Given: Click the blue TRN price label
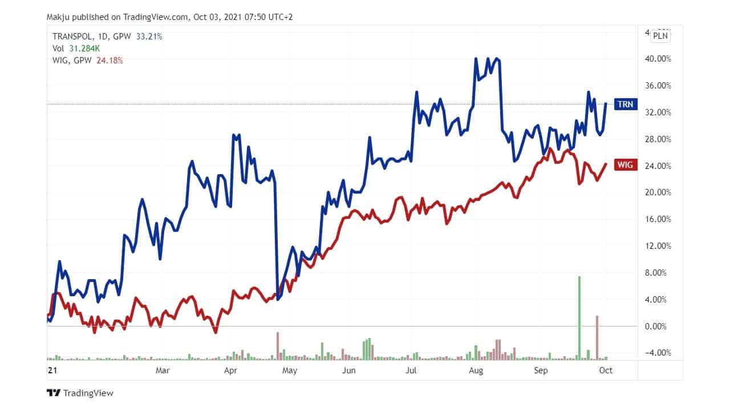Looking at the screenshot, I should point(624,104).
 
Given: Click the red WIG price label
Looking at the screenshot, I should point(624,165).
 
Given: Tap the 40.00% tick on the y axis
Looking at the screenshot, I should point(658,59).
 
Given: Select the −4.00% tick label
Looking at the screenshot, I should point(658,353).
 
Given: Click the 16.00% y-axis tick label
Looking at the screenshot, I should point(658,219).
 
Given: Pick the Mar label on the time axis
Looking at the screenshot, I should point(163,370).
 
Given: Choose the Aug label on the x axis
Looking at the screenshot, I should point(476,370).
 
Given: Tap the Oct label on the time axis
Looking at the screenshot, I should point(606,370).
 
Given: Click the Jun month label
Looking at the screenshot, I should point(349,370).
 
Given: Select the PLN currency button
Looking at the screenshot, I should point(660,35).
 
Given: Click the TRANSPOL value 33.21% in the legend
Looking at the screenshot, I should point(149,37).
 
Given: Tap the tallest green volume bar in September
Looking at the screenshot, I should point(579,317).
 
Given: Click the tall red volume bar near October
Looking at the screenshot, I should point(597,337).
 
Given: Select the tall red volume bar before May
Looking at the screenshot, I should point(278,346).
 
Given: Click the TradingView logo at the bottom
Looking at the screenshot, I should point(80,393).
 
